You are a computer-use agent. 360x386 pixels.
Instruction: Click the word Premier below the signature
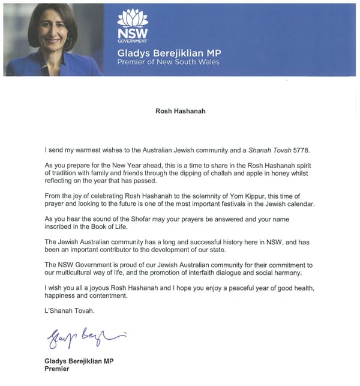(x=58, y=369)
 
